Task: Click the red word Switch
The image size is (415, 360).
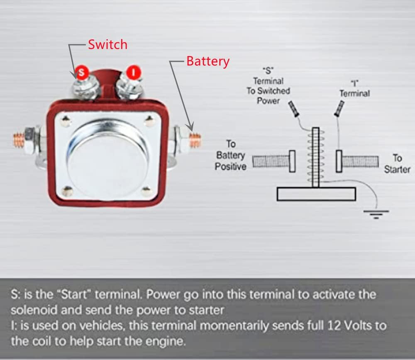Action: coord(107,44)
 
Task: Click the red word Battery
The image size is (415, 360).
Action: coord(207,61)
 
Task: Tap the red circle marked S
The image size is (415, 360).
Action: coord(82,73)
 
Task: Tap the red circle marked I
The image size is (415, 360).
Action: coord(133,72)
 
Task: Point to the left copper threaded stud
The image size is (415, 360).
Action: coord(19,138)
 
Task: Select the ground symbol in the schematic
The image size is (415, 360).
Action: coord(376,214)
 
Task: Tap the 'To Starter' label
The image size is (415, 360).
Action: coord(397,163)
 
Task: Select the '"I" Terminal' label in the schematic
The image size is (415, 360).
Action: coord(354,89)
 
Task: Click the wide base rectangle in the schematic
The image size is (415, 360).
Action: coord(316,194)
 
